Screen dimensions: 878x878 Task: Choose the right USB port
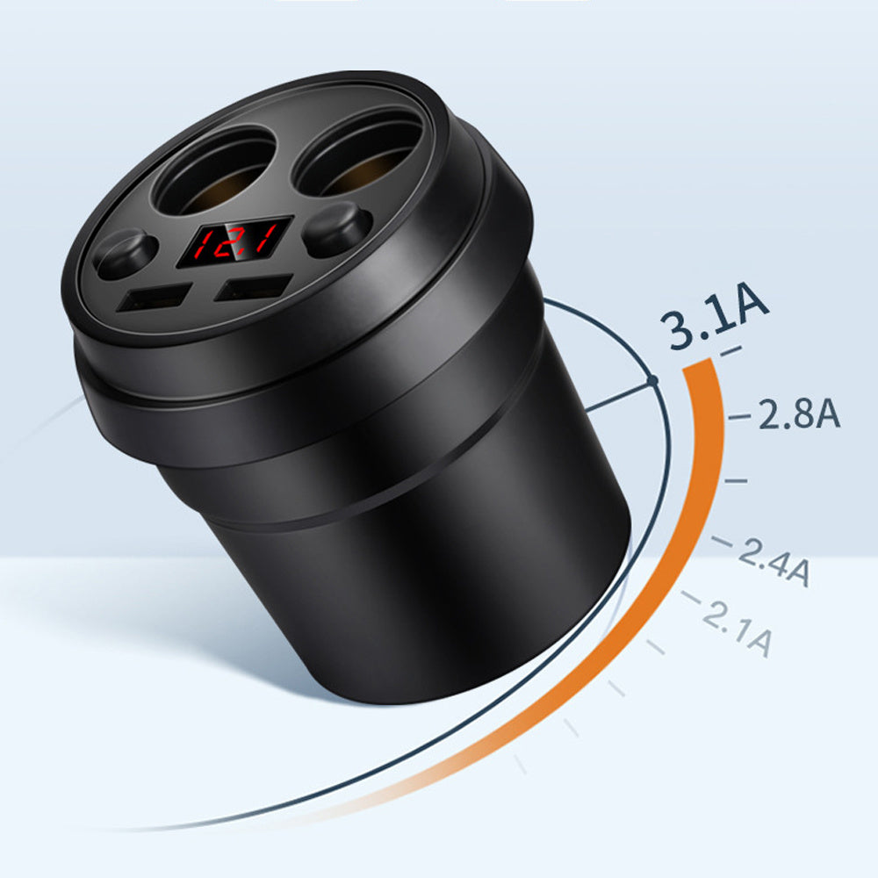[x=255, y=288]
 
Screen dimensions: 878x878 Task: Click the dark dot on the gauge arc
[x=652, y=380]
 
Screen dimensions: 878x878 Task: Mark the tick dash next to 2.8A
[x=740, y=415]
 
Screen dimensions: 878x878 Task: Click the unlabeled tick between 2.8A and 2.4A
[x=736, y=481]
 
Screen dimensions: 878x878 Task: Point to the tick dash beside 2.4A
[x=722, y=543]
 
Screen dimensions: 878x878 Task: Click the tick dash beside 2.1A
[x=691, y=599]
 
